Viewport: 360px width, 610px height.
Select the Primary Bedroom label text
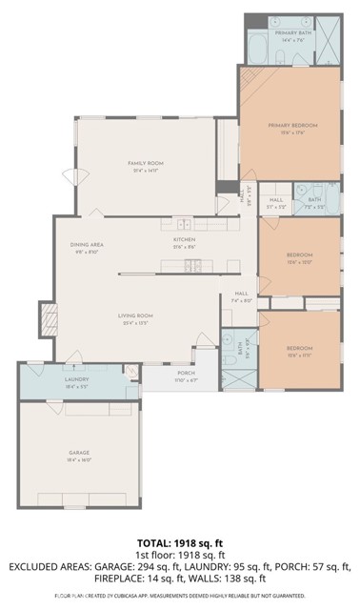[x=291, y=127]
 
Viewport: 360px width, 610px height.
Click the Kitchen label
[x=185, y=244]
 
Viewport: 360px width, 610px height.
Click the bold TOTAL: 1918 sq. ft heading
[x=180, y=540]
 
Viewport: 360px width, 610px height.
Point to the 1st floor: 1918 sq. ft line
[x=180, y=553]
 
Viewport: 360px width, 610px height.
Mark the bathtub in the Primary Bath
[x=258, y=48]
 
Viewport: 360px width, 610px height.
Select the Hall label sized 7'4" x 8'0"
[x=241, y=295]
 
